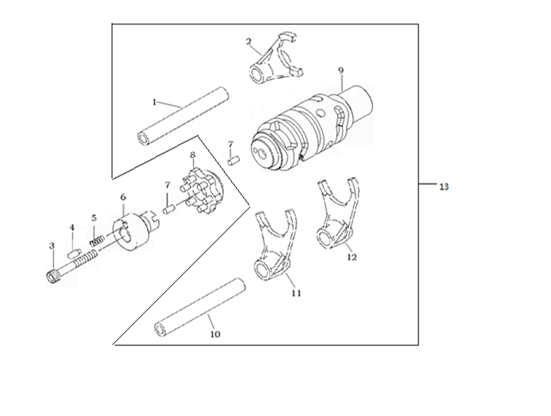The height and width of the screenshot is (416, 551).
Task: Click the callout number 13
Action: pyautogui.click(x=444, y=187)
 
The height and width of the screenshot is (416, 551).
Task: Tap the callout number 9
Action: pyautogui.click(x=340, y=70)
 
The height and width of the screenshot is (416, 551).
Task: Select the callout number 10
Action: pyautogui.click(x=215, y=335)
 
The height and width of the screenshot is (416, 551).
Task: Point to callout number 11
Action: pyautogui.click(x=296, y=293)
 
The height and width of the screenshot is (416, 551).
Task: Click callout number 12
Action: pyautogui.click(x=351, y=257)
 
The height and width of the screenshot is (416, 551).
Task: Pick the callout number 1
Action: pyautogui.click(x=154, y=102)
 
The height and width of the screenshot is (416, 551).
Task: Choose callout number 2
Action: pyautogui.click(x=249, y=42)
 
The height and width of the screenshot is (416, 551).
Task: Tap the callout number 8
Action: pyautogui.click(x=192, y=155)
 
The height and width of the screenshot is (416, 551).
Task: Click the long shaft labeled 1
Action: pyautogui.click(x=183, y=115)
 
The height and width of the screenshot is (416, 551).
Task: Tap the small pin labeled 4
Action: pyautogui.click(x=74, y=253)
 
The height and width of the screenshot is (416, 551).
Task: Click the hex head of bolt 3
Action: pyautogui.click(x=52, y=277)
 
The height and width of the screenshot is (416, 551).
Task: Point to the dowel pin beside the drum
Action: pyautogui.click(x=234, y=161)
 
